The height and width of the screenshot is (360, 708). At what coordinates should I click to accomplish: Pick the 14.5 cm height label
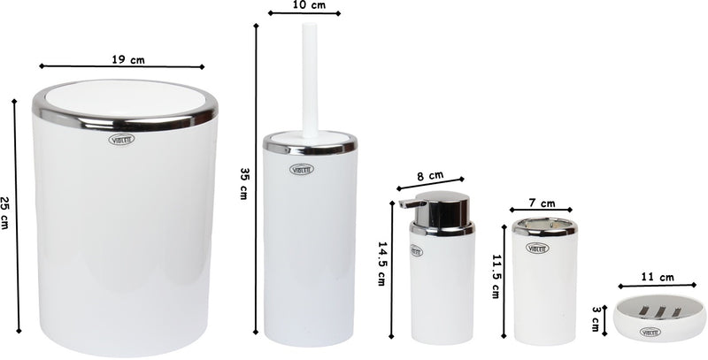click(381, 265)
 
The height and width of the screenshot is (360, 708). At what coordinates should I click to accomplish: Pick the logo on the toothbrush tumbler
click(538, 248)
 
